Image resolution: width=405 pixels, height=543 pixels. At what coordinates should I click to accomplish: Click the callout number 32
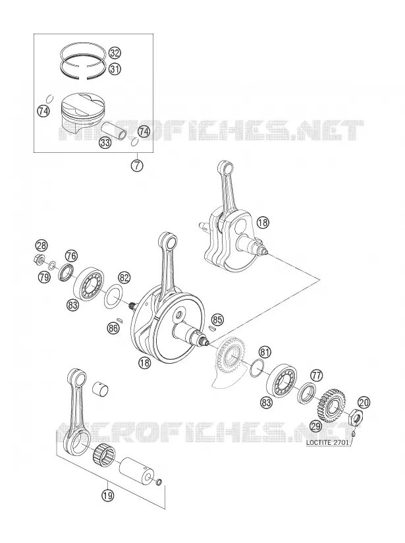(x=115, y=53)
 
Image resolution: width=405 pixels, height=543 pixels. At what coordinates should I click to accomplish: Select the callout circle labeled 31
(x=115, y=69)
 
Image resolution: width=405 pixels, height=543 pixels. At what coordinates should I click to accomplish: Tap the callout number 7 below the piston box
(x=137, y=165)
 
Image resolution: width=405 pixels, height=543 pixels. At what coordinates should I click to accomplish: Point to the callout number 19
(x=107, y=495)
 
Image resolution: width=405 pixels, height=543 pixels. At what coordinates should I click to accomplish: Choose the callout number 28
(x=41, y=246)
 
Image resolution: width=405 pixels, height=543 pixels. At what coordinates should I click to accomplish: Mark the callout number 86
(x=113, y=328)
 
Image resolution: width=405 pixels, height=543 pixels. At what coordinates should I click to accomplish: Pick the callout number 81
(x=265, y=353)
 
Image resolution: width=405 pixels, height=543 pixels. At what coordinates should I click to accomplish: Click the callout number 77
(x=316, y=375)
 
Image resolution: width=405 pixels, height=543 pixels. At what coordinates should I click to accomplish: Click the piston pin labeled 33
(x=114, y=130)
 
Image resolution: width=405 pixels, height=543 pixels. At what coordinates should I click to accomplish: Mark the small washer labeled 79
(x=52, y=266)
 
